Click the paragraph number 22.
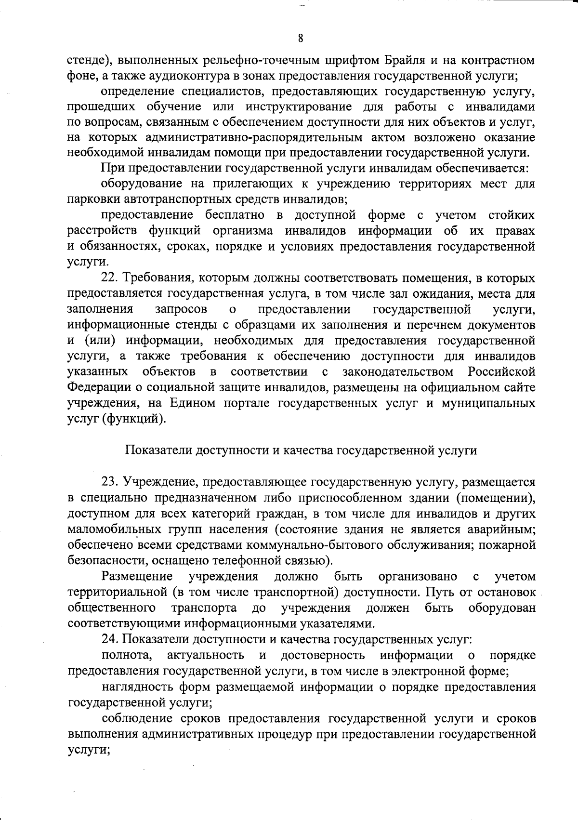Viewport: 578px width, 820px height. point(109,278)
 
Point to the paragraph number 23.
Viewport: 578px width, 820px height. point(109,482)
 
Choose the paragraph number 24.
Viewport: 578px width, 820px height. point(109,639)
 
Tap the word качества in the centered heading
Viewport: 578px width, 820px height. point(308,450)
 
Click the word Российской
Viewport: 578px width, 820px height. point(501,372)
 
